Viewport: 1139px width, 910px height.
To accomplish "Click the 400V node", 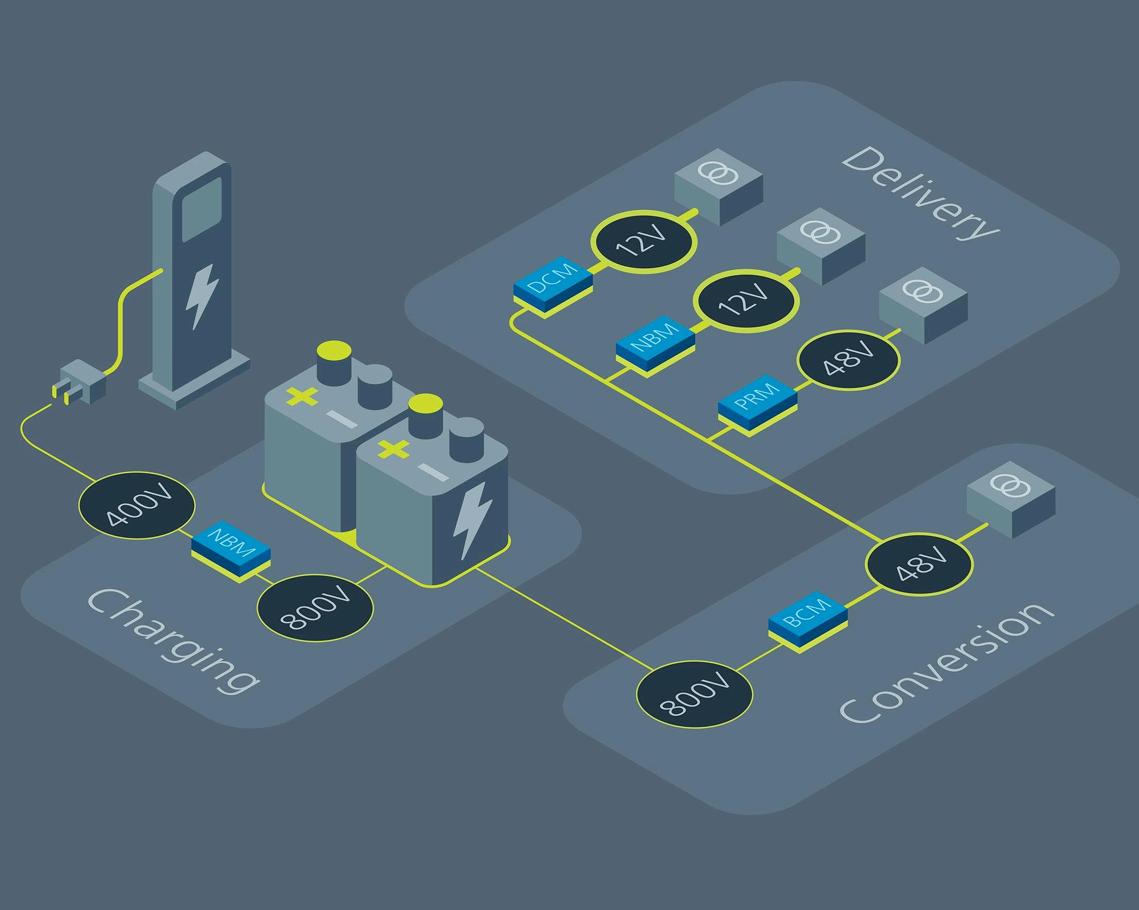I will click(137, 508).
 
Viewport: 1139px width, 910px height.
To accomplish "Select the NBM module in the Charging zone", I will click(231, 551).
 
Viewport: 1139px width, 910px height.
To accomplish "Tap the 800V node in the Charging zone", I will click(315, 609).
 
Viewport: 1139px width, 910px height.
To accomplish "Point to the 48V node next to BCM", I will click(919, 563).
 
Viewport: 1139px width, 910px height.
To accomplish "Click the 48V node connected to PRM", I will click(847, 359).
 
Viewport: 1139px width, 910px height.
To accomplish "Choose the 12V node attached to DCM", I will click(643, 242).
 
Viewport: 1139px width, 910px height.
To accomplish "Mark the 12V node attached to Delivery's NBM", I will click(745, 300).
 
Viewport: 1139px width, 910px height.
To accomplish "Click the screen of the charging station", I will click(201, 209).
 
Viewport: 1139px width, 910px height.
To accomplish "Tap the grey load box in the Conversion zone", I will click(1010, 499).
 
